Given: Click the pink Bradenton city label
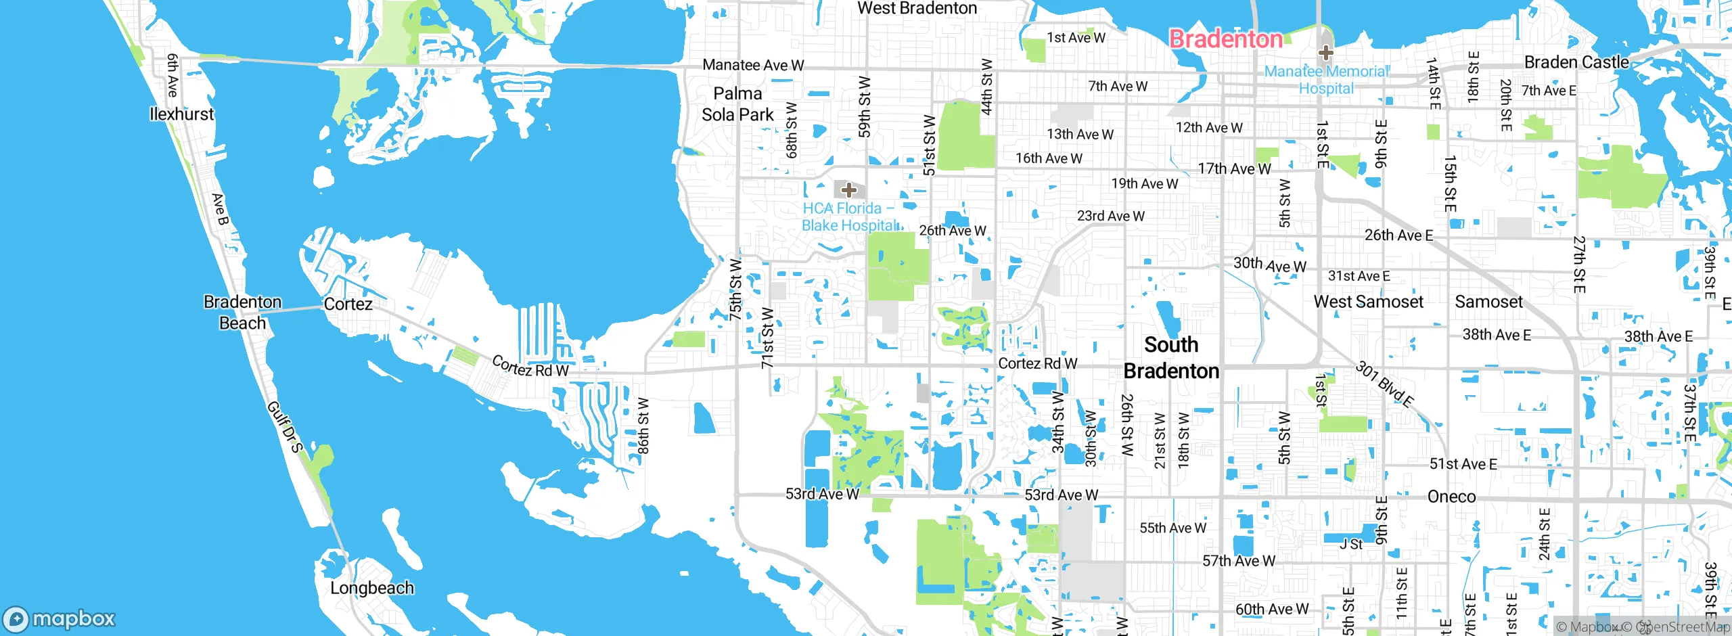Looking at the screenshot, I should point(1225,39).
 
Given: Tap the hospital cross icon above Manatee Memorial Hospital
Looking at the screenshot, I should point(1325,53).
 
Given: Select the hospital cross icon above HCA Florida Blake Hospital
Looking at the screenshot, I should point(848,190).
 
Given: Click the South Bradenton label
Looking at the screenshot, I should point(1171,358).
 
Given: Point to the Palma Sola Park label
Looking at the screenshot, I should point(737,104).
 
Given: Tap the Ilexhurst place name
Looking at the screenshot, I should point(181,114).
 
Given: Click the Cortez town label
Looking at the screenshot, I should point(348,304).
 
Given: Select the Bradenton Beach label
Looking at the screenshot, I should point(242,312).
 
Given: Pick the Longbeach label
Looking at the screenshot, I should point(372,588).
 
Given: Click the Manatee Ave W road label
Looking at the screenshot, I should point(753,65).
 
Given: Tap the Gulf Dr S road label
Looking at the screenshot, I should point(285,426).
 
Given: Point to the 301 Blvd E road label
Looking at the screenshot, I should point(1385,384).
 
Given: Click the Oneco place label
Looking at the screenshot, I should point(1451,497).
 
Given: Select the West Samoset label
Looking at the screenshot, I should point(1368,302).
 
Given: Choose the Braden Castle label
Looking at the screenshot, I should point(1576,62).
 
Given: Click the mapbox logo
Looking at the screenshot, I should point(60,619).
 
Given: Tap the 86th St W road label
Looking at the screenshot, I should point(643,426).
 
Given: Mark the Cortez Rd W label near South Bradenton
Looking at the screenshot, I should point(1037,363).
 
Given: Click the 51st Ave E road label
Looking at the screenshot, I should point(1463,464).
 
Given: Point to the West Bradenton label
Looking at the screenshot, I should point(917,8).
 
